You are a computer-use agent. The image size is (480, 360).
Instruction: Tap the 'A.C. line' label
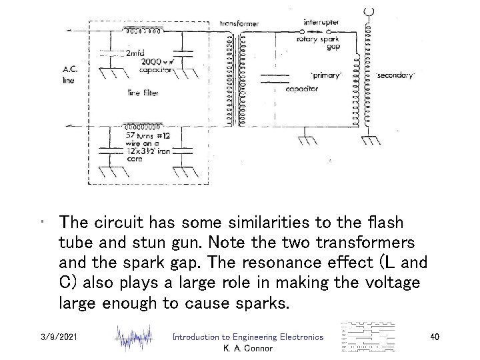(69, 74)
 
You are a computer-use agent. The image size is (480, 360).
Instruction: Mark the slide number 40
(435, 339)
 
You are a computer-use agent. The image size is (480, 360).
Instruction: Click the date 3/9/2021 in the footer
(59, 339)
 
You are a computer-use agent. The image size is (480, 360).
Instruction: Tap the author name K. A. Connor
(247, 349)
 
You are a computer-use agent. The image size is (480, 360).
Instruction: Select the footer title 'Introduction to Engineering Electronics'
(247, 339)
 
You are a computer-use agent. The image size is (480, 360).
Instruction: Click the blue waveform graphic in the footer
(135, 339)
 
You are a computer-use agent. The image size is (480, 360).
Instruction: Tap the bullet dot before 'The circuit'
(42, 222)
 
